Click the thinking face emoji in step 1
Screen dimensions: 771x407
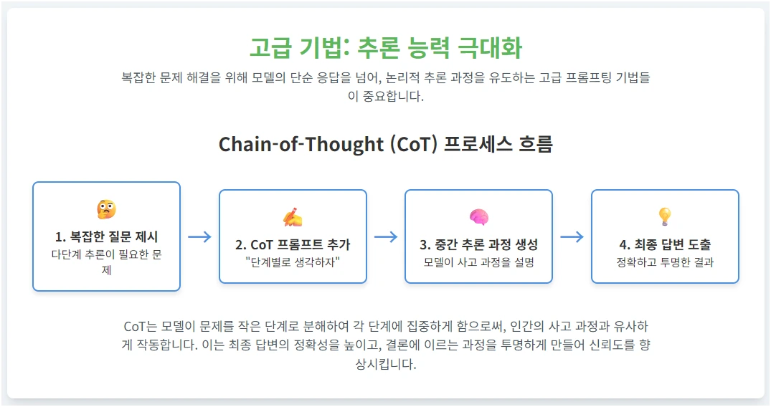106,209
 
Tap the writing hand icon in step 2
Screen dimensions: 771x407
293,217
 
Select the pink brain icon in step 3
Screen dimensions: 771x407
478,217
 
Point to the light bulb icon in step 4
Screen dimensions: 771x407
665,216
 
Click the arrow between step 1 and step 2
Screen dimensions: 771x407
199,237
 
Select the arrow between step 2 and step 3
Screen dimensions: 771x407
386,237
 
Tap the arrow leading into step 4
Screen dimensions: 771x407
572,237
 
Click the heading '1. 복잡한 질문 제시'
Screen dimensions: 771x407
106,237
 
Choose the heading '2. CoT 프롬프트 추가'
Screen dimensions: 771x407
293,245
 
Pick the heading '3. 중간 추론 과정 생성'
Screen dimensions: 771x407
478,245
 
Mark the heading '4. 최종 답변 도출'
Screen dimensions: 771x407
665,245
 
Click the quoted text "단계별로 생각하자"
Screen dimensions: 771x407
293,262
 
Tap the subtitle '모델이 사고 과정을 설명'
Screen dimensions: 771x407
478,262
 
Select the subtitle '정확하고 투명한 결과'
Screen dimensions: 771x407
665,262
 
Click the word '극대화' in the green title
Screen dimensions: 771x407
490,48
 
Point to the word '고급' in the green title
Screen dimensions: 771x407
271,48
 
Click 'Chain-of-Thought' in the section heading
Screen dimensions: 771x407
301,145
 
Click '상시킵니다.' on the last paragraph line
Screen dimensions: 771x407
386,364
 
